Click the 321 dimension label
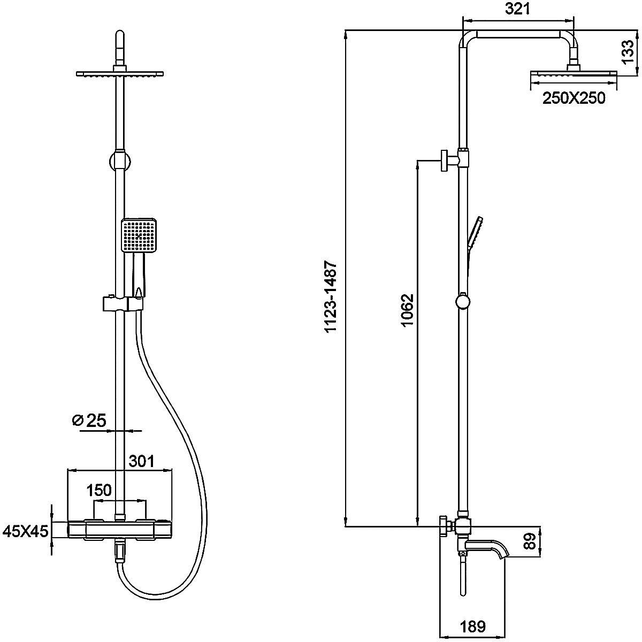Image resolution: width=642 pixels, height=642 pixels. [517, 9]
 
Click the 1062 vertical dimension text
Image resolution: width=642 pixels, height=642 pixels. [407, 311]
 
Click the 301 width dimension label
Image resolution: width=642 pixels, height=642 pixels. [141, 461]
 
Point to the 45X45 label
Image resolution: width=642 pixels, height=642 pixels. [26, 531]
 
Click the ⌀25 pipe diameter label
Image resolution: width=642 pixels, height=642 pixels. [89, 421]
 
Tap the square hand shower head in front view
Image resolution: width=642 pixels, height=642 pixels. [139, 235]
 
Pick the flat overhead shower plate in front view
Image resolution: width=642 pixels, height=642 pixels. [120, 73]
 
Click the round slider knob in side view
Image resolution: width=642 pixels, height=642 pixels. [463, 302]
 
